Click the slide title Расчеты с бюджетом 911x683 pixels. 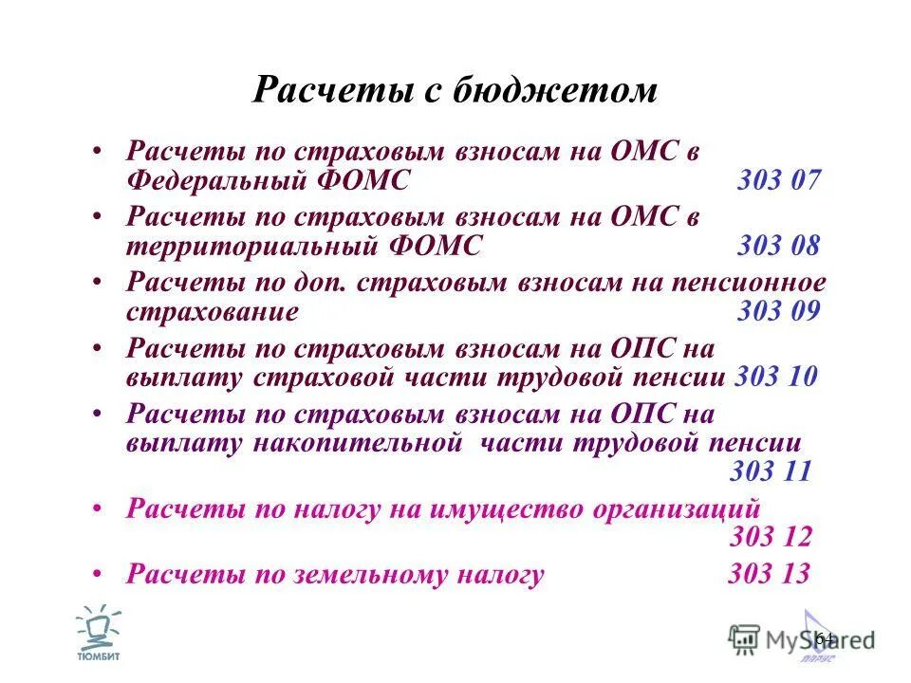pos(455,90)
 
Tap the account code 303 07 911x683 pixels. pos(778,180)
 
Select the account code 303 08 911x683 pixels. pos(778,247)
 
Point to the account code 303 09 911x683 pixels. pos(778,312)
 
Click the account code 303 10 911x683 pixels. pos(776,377)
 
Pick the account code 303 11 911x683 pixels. pos(771,471)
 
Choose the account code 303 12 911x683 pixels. pos(771,537)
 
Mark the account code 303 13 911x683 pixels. pos(769,574)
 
